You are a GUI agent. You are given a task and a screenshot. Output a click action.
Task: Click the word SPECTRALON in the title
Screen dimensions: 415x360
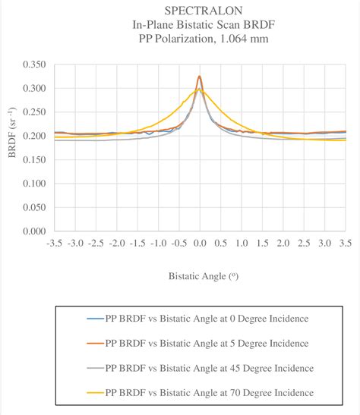pyautogui.click(x=199, y=10)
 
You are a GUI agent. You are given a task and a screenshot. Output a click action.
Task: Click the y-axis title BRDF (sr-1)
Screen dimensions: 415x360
pyautogui.click(x=13, y=149)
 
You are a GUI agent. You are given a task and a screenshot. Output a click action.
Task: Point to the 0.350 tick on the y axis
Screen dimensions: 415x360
pyautogui.click(x=33, y=65)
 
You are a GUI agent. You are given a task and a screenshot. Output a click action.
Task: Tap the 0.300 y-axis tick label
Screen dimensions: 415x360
pyautogui.click(x=33, y=89)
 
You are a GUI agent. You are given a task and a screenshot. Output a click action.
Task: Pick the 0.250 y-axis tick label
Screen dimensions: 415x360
pyautogui.click(x=33, y=112)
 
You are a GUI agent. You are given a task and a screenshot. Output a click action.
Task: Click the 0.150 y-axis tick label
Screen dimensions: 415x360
pyautogui.click(x=33, y=160)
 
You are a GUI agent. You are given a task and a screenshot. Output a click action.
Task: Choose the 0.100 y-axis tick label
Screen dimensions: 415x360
pyautogui.click(x=33, y=184)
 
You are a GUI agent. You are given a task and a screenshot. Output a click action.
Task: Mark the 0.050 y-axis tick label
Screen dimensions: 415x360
pyautogui.click(x=33, y=207)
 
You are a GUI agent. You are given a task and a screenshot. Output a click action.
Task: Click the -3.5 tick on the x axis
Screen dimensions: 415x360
pyautogui.click(x=53, y=243)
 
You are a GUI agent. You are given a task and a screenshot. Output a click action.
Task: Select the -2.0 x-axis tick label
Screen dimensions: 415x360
pyautogui.click(x=115, y=243)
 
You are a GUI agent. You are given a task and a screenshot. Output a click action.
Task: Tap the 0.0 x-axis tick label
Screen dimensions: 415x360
pyautogui.click(x=200, y=243)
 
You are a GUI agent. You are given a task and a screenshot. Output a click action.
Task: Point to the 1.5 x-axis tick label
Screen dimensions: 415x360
pyautogui.click(x=262, y=243)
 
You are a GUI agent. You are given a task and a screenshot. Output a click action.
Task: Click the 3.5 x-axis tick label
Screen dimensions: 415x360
pyautogui.click(x=346, y=243)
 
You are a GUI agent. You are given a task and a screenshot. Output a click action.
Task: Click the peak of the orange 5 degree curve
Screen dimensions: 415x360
pyautogui.click(x=200, y=76)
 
